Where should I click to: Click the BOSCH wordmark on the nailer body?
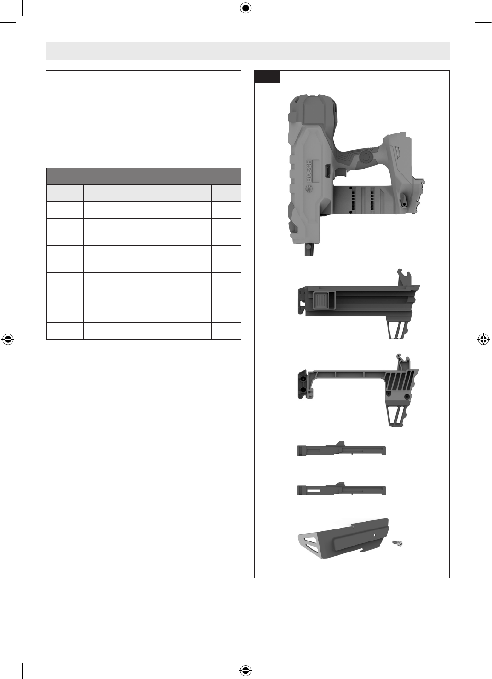click(309, 171)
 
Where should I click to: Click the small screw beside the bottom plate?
click(398, 543)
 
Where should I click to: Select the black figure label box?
click(267, 77)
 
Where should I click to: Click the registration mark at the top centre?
click(246, 8)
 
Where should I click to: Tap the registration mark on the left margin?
click(8, 339)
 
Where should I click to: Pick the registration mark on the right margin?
click(483, 339)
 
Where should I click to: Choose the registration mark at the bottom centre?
click(246, 670)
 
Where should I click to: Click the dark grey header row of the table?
click(144, 176)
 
